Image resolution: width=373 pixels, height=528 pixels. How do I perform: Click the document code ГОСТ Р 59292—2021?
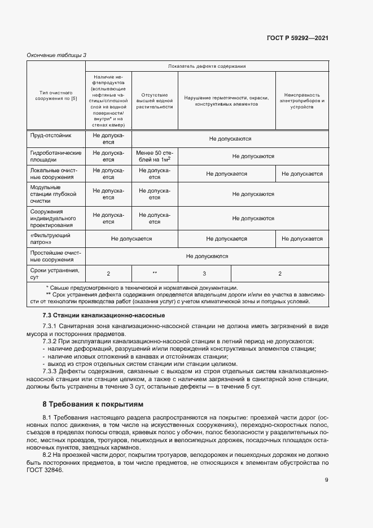tap(297, 38)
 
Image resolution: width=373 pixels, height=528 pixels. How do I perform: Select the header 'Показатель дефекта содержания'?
tap(207, 66)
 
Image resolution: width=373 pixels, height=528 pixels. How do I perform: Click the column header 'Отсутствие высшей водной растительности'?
tap(154, 101)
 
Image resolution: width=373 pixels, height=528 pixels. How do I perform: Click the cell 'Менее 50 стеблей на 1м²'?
tap(154, 156)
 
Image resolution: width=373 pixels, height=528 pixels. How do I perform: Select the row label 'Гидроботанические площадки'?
tap(55, 156)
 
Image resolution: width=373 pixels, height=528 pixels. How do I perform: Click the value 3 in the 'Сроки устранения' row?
tap(204, 274)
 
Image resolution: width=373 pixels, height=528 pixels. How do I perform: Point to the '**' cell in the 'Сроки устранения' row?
tap(154, 274)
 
